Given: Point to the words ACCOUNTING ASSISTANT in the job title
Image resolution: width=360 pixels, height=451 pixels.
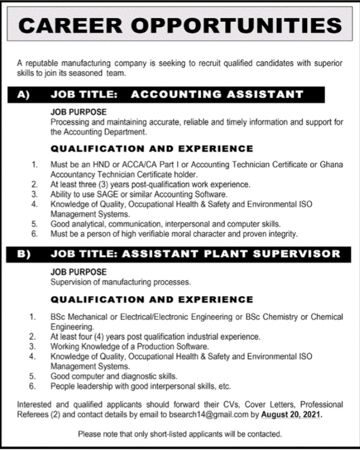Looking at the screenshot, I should coord(216,95).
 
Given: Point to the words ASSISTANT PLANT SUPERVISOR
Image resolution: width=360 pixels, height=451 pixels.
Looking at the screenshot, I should coord(231,254).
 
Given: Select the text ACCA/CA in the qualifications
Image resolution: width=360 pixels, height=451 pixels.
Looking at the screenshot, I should coord(133,165).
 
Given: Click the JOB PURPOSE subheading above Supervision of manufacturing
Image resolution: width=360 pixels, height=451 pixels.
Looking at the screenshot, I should coord(78,271).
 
